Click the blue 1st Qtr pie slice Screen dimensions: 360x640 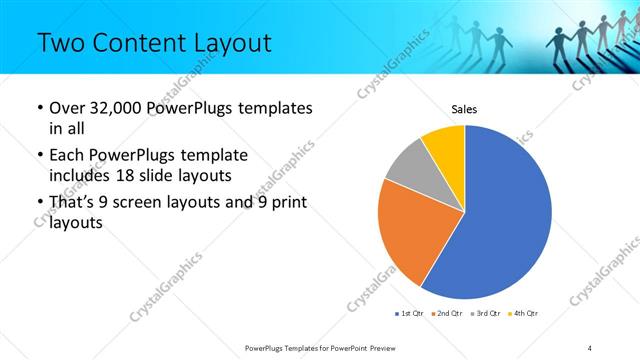pyautogui.click(x=505, y=215)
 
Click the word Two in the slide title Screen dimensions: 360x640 pyautogui.click(x=58, y=42)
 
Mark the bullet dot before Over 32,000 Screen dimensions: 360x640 pyautogui.click(x=39, y=108)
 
